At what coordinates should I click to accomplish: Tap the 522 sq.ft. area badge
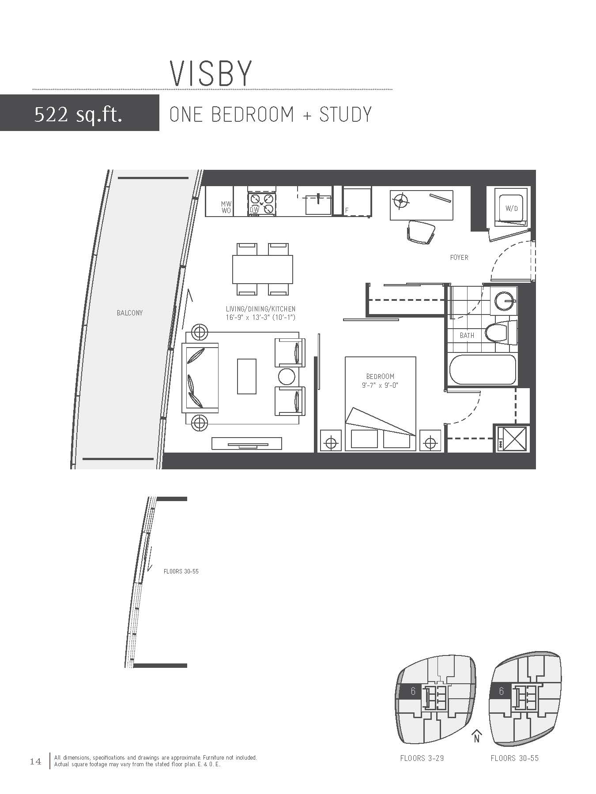pos(79,113)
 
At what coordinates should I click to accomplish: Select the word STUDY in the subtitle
pos(345,114)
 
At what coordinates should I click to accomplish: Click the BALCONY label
pos(130,313)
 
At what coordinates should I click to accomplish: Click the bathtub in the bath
pos(483,370)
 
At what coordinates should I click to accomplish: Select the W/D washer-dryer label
pos(512,208)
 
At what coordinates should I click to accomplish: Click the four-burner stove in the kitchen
pos(262,204)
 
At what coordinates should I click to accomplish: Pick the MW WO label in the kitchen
pos(226,207)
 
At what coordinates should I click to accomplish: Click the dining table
pos(263,270)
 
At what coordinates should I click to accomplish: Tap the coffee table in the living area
pos(247,376)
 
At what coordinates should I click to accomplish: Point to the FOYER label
pos(459,257)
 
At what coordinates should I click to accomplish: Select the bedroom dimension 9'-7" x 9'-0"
pos(380,385)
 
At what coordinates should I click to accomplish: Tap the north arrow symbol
pos(476,736)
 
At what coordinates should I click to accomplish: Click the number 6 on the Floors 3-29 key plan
pos(413,691)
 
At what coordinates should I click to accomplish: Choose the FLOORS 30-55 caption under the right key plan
pos(515,758)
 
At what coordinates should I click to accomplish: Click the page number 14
pos(35,761)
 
